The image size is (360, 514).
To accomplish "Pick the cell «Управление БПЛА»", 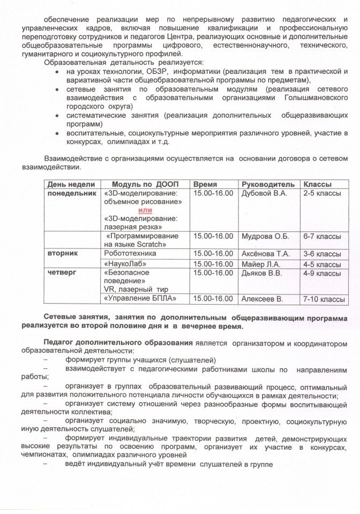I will coord(139,298).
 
